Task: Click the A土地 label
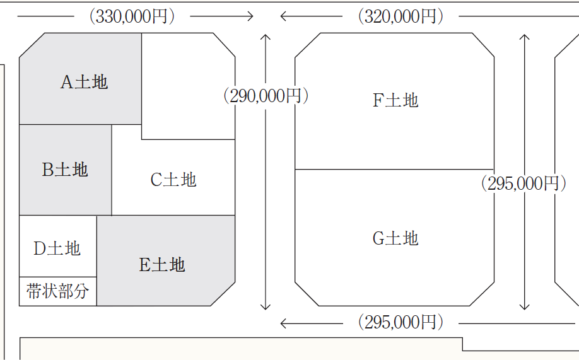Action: [84, 82]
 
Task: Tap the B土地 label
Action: [65, 170]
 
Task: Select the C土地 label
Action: [173, 180]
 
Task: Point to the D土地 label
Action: [57, 248]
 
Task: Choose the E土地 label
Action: [162, 264]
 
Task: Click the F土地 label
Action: [395, 100]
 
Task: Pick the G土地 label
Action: [395, 238]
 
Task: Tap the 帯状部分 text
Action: [58, 291]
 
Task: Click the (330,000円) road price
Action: [131, 16]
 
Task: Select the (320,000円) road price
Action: [400, 16]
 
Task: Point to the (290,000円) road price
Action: [266, 96]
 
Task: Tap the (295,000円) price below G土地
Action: [400, 323]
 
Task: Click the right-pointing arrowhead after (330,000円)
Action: [250, 16]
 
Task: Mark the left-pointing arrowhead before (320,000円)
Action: [284, 16]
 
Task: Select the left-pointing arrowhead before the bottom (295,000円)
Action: [284, 323]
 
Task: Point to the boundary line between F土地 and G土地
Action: [394, 170]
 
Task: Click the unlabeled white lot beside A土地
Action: [187, 85]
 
